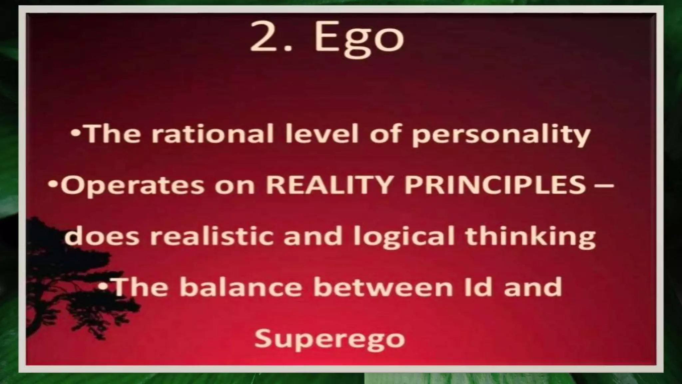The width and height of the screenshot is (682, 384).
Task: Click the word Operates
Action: [133, 186]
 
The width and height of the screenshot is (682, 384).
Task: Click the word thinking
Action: [530, 237]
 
